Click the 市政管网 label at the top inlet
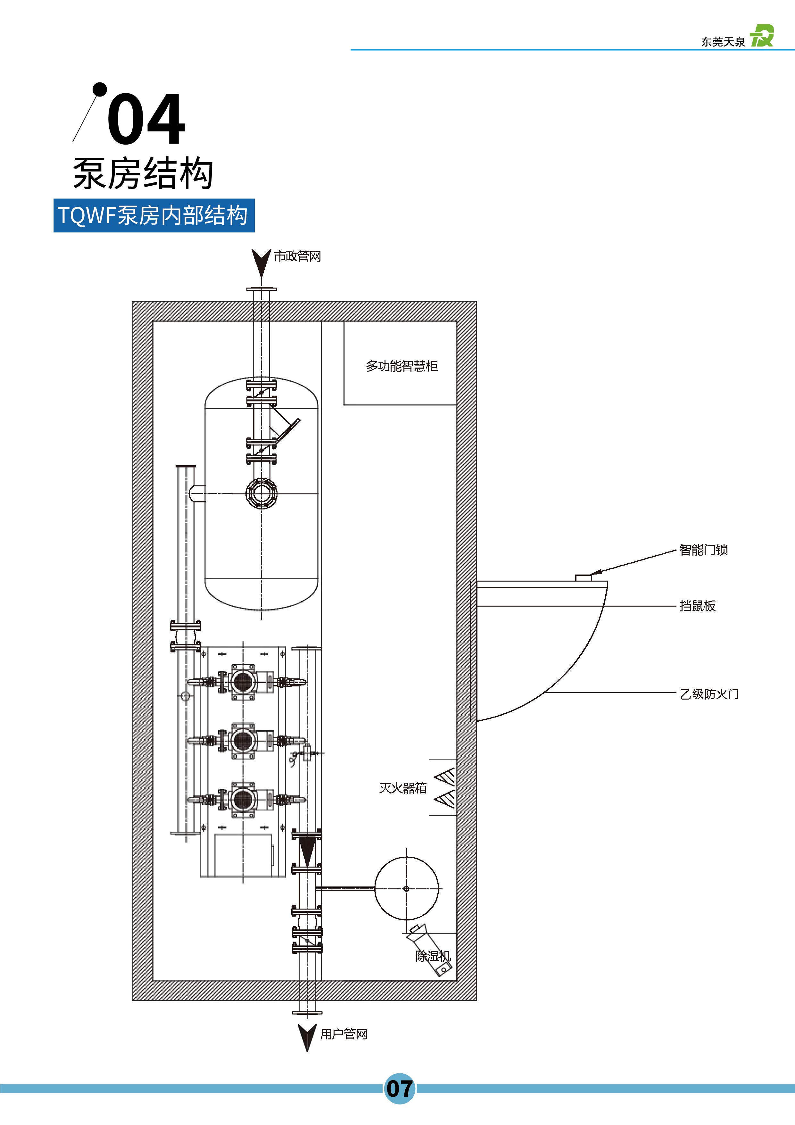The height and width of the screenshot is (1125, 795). click(x=297, y=256)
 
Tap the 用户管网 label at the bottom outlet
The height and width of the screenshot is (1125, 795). click(x=344, y=1034)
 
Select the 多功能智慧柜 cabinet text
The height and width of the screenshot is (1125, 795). click(x=401, y=366)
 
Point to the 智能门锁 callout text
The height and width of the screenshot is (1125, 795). click(x=703, y=550)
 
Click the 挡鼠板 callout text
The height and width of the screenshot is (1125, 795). click(x=698, y=606)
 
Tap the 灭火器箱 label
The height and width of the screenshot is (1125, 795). click(x=403, y=788)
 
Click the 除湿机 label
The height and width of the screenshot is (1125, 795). click(x=433, y=956)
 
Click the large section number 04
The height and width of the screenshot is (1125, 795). click(x=146, y=119)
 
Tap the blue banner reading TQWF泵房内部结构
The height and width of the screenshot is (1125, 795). click(x=154, y=215)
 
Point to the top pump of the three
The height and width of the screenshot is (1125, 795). click(x=244, y=681)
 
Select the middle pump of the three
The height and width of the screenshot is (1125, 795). click(x=244, y=740)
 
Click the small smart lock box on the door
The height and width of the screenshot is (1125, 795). click(x=584, y=578)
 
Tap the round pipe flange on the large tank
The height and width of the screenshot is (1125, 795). click(x=261, y=493)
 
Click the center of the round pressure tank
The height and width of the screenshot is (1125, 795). click(x=406, y=888)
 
